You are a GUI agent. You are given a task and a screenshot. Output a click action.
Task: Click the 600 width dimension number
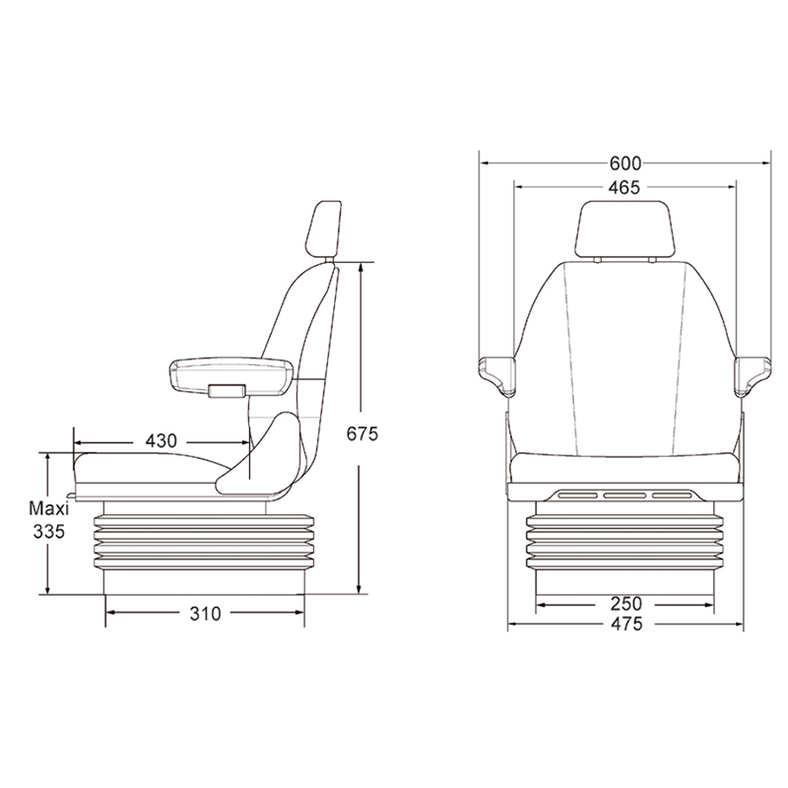(x=625, y=164)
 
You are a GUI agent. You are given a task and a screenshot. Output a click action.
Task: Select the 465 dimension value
(x=624, y=187)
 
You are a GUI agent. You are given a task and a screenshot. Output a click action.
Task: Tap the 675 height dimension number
(x=361, y=433)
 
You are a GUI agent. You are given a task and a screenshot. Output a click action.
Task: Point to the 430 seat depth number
(x=161, y=440)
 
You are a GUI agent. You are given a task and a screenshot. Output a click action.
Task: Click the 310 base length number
(x=205, y=614)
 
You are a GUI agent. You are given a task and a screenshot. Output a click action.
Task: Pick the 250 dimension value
(x=626, y=603)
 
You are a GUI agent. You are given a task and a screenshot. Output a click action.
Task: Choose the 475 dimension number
(x=626, y=624)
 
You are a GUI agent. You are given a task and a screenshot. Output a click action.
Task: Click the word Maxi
(x=48, y=508)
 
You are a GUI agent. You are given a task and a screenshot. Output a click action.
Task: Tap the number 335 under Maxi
(x=48, y=531)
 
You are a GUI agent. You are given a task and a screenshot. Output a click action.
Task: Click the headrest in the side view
(x=323, y=230)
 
